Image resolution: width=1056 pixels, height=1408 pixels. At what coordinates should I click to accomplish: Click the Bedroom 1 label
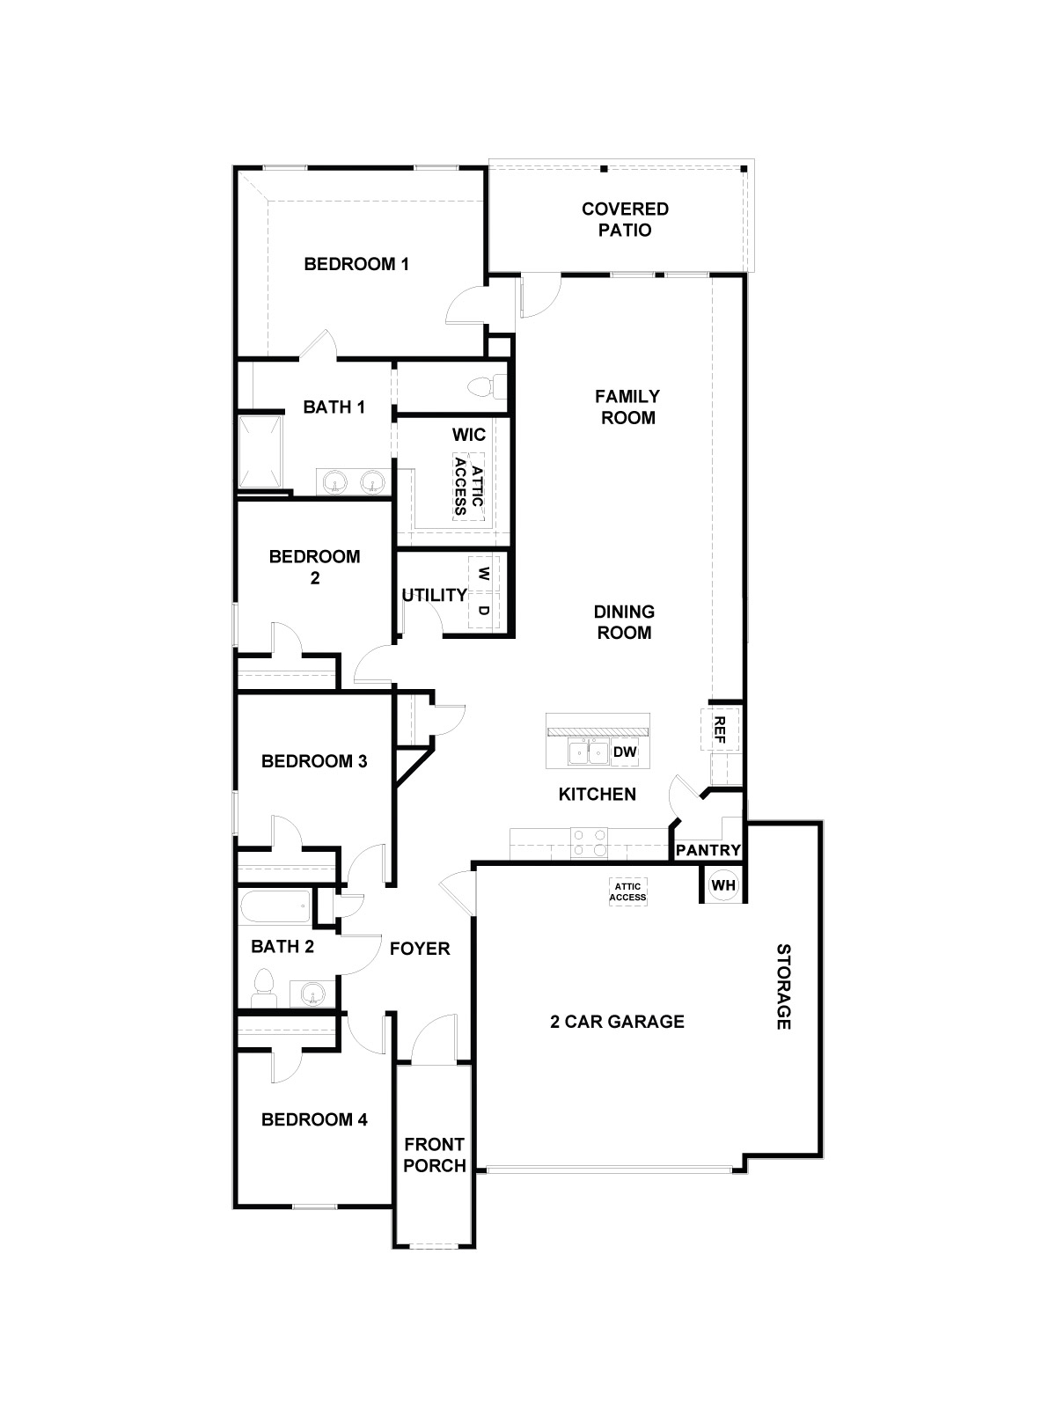[356, 264]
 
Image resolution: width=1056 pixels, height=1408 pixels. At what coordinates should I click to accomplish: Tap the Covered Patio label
[625, 220]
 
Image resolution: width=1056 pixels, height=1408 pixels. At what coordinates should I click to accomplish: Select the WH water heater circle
[722, 885]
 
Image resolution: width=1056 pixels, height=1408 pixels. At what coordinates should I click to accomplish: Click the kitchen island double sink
[588, 752]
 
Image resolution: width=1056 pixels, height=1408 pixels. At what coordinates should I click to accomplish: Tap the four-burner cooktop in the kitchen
[589, 842]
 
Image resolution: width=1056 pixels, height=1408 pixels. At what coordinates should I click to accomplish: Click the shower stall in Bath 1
[261, 452]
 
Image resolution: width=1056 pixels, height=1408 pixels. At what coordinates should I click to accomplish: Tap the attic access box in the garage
[629, 892]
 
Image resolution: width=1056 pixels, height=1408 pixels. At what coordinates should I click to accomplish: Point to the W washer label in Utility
[483, 573]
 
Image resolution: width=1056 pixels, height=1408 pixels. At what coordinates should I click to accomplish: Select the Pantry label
[708, 851]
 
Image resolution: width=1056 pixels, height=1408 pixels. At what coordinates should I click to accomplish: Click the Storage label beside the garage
[783, 986]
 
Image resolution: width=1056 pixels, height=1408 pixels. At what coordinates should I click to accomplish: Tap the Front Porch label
[435, 1155]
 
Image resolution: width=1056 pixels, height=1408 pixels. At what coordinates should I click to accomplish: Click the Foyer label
[420, 949]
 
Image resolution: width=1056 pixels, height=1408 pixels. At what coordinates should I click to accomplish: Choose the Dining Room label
[624, 622]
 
